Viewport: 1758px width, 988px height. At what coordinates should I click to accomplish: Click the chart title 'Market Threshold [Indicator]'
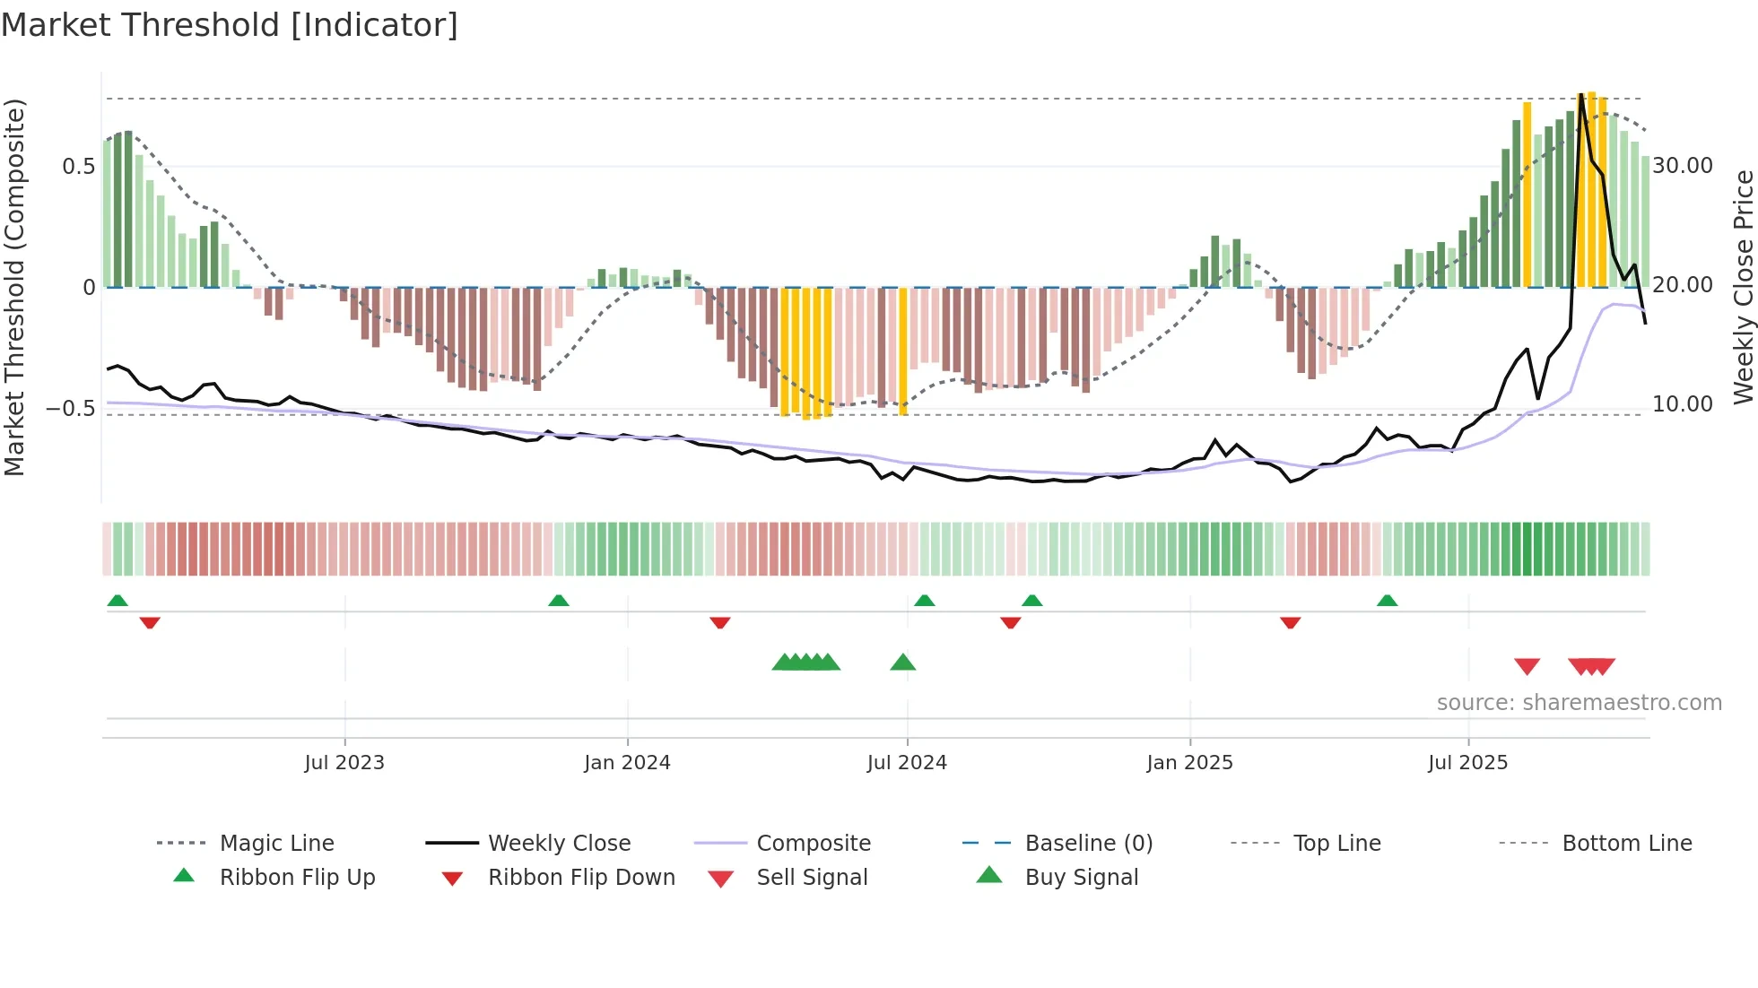230,25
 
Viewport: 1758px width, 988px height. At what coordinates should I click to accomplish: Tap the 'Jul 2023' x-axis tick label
344,763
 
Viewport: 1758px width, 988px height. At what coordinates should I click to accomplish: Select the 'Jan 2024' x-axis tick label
627,763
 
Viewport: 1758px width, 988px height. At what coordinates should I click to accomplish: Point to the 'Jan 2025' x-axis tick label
1189,763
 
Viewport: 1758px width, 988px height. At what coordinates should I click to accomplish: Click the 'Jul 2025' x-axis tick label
1467,763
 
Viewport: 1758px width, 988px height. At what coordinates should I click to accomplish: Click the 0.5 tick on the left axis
78,167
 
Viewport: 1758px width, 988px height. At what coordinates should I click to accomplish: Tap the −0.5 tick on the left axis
71,409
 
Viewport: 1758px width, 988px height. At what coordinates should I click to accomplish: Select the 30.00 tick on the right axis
1683,166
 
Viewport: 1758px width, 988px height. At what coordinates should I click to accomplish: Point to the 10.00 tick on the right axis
1683,404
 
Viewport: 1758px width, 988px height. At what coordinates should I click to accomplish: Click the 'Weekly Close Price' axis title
1743,287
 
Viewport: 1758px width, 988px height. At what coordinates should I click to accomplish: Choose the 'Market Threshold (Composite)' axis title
14,287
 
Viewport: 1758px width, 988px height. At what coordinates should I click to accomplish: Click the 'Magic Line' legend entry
276,844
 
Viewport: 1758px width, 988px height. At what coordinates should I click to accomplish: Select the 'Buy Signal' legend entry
1081,878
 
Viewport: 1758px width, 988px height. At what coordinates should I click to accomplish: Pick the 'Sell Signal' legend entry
812,878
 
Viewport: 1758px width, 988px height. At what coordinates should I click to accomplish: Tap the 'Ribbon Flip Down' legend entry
581,878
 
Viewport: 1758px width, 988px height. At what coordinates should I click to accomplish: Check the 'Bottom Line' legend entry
1626,844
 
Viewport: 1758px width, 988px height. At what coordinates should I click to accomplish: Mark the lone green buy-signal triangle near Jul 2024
903,663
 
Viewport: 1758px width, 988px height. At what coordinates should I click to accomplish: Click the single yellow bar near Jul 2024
903,350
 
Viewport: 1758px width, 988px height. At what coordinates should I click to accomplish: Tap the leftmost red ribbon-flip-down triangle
150,622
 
